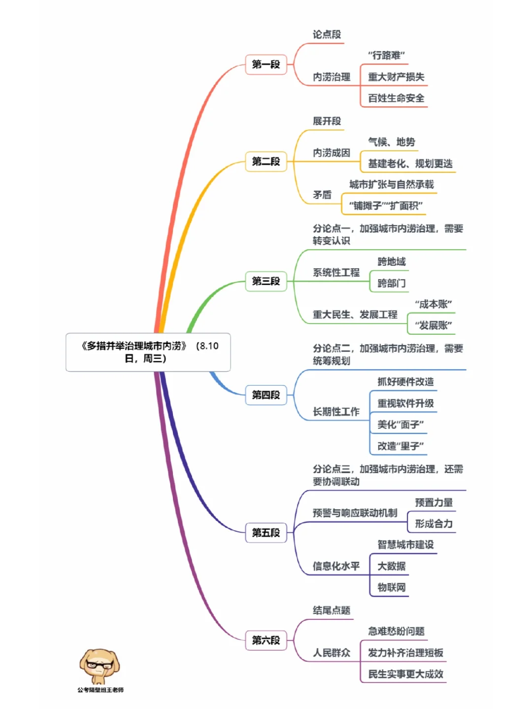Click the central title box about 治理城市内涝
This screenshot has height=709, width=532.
(x=148, y=352)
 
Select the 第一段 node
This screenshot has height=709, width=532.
(x=266, y=64)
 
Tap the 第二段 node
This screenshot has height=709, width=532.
(x=266, y=161)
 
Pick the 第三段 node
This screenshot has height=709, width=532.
(x=266, y=281)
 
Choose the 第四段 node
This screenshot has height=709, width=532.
(x=266, y=395)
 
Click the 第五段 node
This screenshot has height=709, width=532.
(x=266, y=533)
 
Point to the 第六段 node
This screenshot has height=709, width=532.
(x=266, y=640)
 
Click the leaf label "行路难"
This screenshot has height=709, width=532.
(x=386, y=55)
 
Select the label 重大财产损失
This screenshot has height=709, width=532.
(x=396, y=77)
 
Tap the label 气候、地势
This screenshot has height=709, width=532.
(x=392, y=142)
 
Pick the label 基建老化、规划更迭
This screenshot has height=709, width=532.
(x=410, y=163)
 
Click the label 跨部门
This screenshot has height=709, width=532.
(x=392, y=283)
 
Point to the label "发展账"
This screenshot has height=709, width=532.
(x=433, y=325)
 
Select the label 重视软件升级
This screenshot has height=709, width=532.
(x=405, y=403)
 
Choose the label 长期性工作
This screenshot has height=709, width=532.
(x=336, y=412)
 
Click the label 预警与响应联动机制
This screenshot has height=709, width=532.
(x=355, y=513)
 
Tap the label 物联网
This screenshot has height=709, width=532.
(x=392, y=587)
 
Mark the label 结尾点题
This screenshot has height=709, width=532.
(x=332, y=611)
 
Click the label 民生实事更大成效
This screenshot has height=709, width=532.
(x=405, y=674)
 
